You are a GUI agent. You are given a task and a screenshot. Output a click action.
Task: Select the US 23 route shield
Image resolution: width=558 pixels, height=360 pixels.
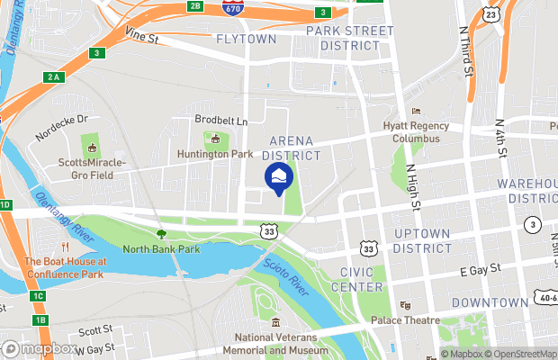point(489,14)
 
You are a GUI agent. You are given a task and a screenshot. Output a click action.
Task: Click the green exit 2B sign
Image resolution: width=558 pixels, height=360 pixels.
point(195,6)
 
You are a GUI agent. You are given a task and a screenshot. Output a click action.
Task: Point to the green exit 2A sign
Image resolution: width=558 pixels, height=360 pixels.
point(53,77)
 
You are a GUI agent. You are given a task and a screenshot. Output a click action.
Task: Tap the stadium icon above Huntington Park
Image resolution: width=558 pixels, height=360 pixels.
point(214,139)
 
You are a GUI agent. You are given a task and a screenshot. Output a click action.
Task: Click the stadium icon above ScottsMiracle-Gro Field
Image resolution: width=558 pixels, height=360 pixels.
point(90,147)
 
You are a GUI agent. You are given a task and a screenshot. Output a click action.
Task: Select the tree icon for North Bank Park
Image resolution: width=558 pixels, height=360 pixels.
point(161,234)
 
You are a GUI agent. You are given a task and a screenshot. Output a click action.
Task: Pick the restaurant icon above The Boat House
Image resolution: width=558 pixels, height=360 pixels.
point(65,247)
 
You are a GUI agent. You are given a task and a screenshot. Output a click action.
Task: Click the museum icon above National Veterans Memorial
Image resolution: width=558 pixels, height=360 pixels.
point(275,322)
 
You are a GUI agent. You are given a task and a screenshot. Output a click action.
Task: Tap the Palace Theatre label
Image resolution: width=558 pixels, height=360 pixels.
point(405,319)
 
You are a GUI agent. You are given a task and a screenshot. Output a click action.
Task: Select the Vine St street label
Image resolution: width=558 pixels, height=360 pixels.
point(141,39)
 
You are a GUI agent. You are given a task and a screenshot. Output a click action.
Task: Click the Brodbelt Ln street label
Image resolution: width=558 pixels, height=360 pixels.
point(220,119)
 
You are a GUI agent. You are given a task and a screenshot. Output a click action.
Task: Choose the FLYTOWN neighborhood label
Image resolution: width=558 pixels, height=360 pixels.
point(247,39)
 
